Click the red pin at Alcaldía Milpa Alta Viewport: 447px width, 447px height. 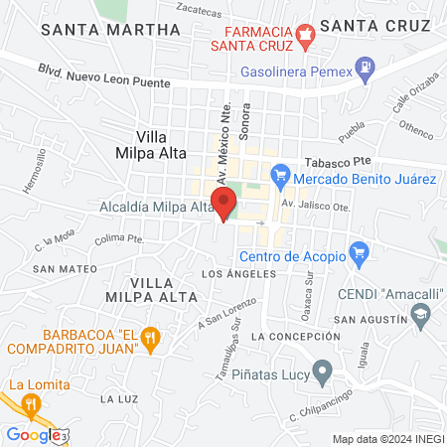(x=224, y=202)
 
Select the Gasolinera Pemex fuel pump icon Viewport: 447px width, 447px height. (x=366, y=71)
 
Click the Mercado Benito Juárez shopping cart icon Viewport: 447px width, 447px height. (x=280, y=179)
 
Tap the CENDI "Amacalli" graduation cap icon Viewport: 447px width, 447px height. (x=420, y=317)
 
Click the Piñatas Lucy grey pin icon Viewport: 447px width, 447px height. (x=322, y=372)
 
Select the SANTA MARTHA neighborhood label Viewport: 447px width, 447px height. (x=108, y=30)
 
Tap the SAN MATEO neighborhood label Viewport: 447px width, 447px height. (x=65, y=268)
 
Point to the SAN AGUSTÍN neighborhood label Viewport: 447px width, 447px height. (x=371, y=319)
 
